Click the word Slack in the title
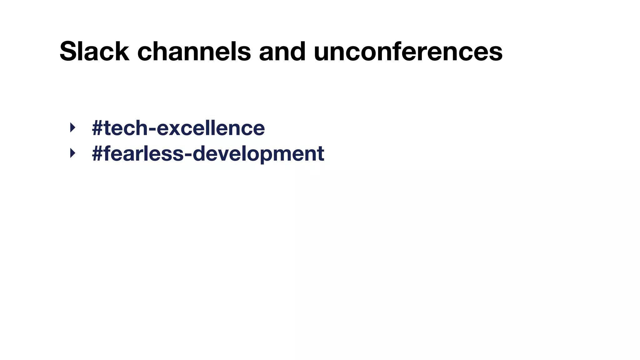[x=94, y=51]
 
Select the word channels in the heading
[x=194, y=51]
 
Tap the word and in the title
[x=282, y=51]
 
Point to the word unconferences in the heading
[x=408, y=51]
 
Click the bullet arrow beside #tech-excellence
[x=73, y=127]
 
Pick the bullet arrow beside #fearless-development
[x=73, y=153]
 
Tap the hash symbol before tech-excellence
[x=97, y=128]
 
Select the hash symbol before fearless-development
[x=97, y=154]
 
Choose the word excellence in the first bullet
[x=211, y=128]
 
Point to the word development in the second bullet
[x=258, y=154]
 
